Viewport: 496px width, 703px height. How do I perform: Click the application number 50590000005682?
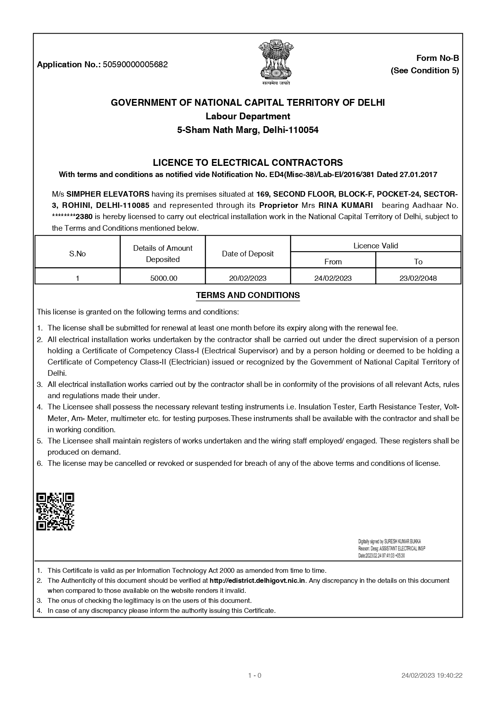click(135, 64)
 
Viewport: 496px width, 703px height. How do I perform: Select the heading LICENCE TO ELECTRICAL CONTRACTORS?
click(248, 163)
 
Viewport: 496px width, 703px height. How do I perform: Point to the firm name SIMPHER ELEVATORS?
click(108, 194)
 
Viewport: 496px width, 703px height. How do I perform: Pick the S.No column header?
click(78, 254)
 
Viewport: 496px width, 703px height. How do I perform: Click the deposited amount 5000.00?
click(163, 278)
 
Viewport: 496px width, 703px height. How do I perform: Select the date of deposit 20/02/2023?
click(248, 278)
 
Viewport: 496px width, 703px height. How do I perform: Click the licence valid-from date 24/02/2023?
click(333, 278)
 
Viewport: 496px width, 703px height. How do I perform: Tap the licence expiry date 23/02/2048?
click(418, 278)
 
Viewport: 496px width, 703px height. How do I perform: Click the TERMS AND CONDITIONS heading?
click(248, 295)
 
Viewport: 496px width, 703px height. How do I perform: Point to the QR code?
click(55, 512)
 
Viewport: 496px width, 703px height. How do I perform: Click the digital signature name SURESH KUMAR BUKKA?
click(402, 541)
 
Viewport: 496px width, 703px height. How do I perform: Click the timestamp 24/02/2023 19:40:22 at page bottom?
click(432, 675)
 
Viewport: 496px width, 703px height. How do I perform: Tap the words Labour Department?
click(248, 116)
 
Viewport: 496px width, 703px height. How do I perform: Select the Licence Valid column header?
click(376, 246)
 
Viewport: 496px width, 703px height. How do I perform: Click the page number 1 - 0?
click(255, 675)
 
